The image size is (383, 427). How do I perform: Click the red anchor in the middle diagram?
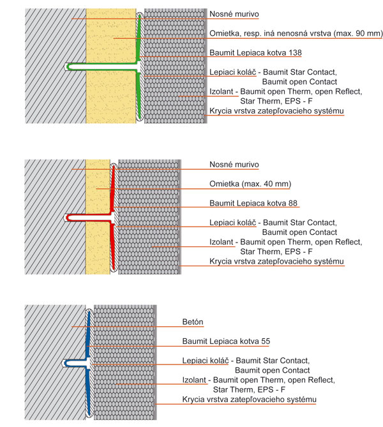pyautogui.click(x=89, y=216)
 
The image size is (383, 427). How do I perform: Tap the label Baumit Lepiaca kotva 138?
pyautogui.click(x=255, y=52)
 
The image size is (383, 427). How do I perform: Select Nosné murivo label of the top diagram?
pyautogui.click(x=234, y=14)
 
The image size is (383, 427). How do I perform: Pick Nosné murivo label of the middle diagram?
pyautogui.click(x=234, y=165)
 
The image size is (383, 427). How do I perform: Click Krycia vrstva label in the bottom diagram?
pyautogui.click(x=249, y=400)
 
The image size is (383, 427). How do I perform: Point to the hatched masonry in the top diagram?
pyautogui.click(x=54, y=96)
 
